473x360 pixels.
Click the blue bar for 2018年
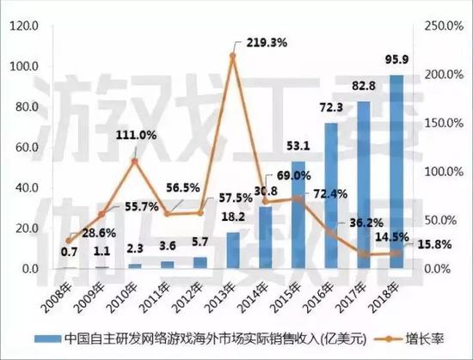396,172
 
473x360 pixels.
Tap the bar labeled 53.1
298,215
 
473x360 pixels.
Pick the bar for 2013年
232,250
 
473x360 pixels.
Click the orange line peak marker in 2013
232,56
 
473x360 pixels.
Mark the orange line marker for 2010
134,161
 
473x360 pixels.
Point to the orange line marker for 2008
69,241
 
